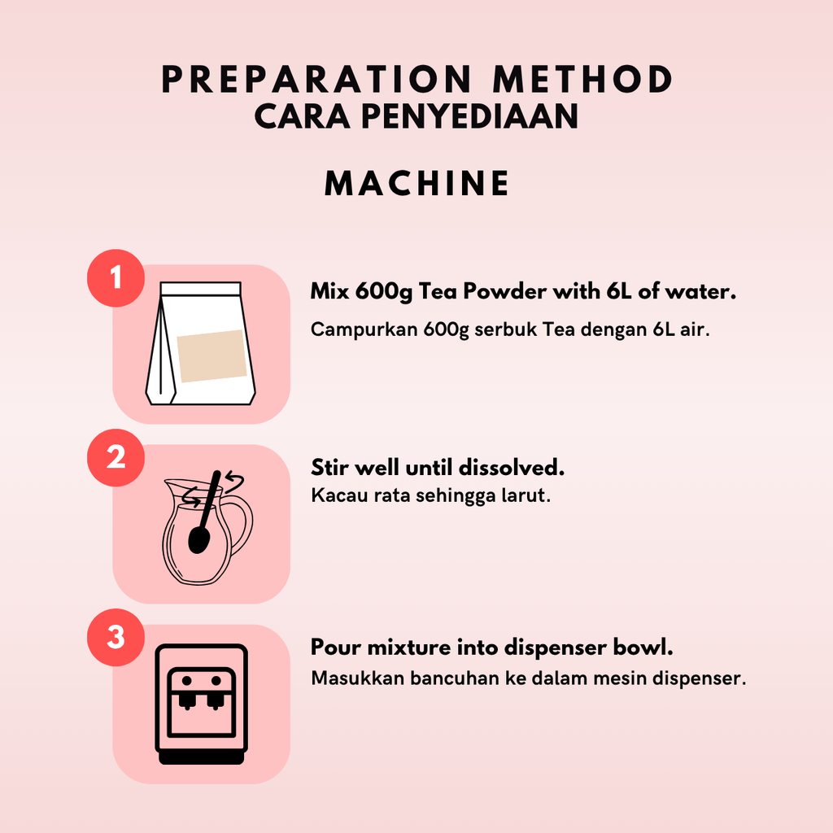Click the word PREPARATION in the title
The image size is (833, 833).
point(316,79)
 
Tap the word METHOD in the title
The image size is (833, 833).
point(582,79)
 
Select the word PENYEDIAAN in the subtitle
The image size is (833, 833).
point(469,116)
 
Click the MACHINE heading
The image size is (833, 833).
point(417,183)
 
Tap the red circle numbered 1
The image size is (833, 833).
point(116,278)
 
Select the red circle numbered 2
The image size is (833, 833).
point(116,457)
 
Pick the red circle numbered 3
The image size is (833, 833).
point(116,637)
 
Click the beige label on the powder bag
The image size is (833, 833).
point(212,356)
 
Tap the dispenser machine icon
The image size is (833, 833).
point(202,704)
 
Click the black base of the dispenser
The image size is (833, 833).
point(202,757)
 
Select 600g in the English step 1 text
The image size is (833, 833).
point(384,292)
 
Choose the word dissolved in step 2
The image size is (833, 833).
point(512,468)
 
